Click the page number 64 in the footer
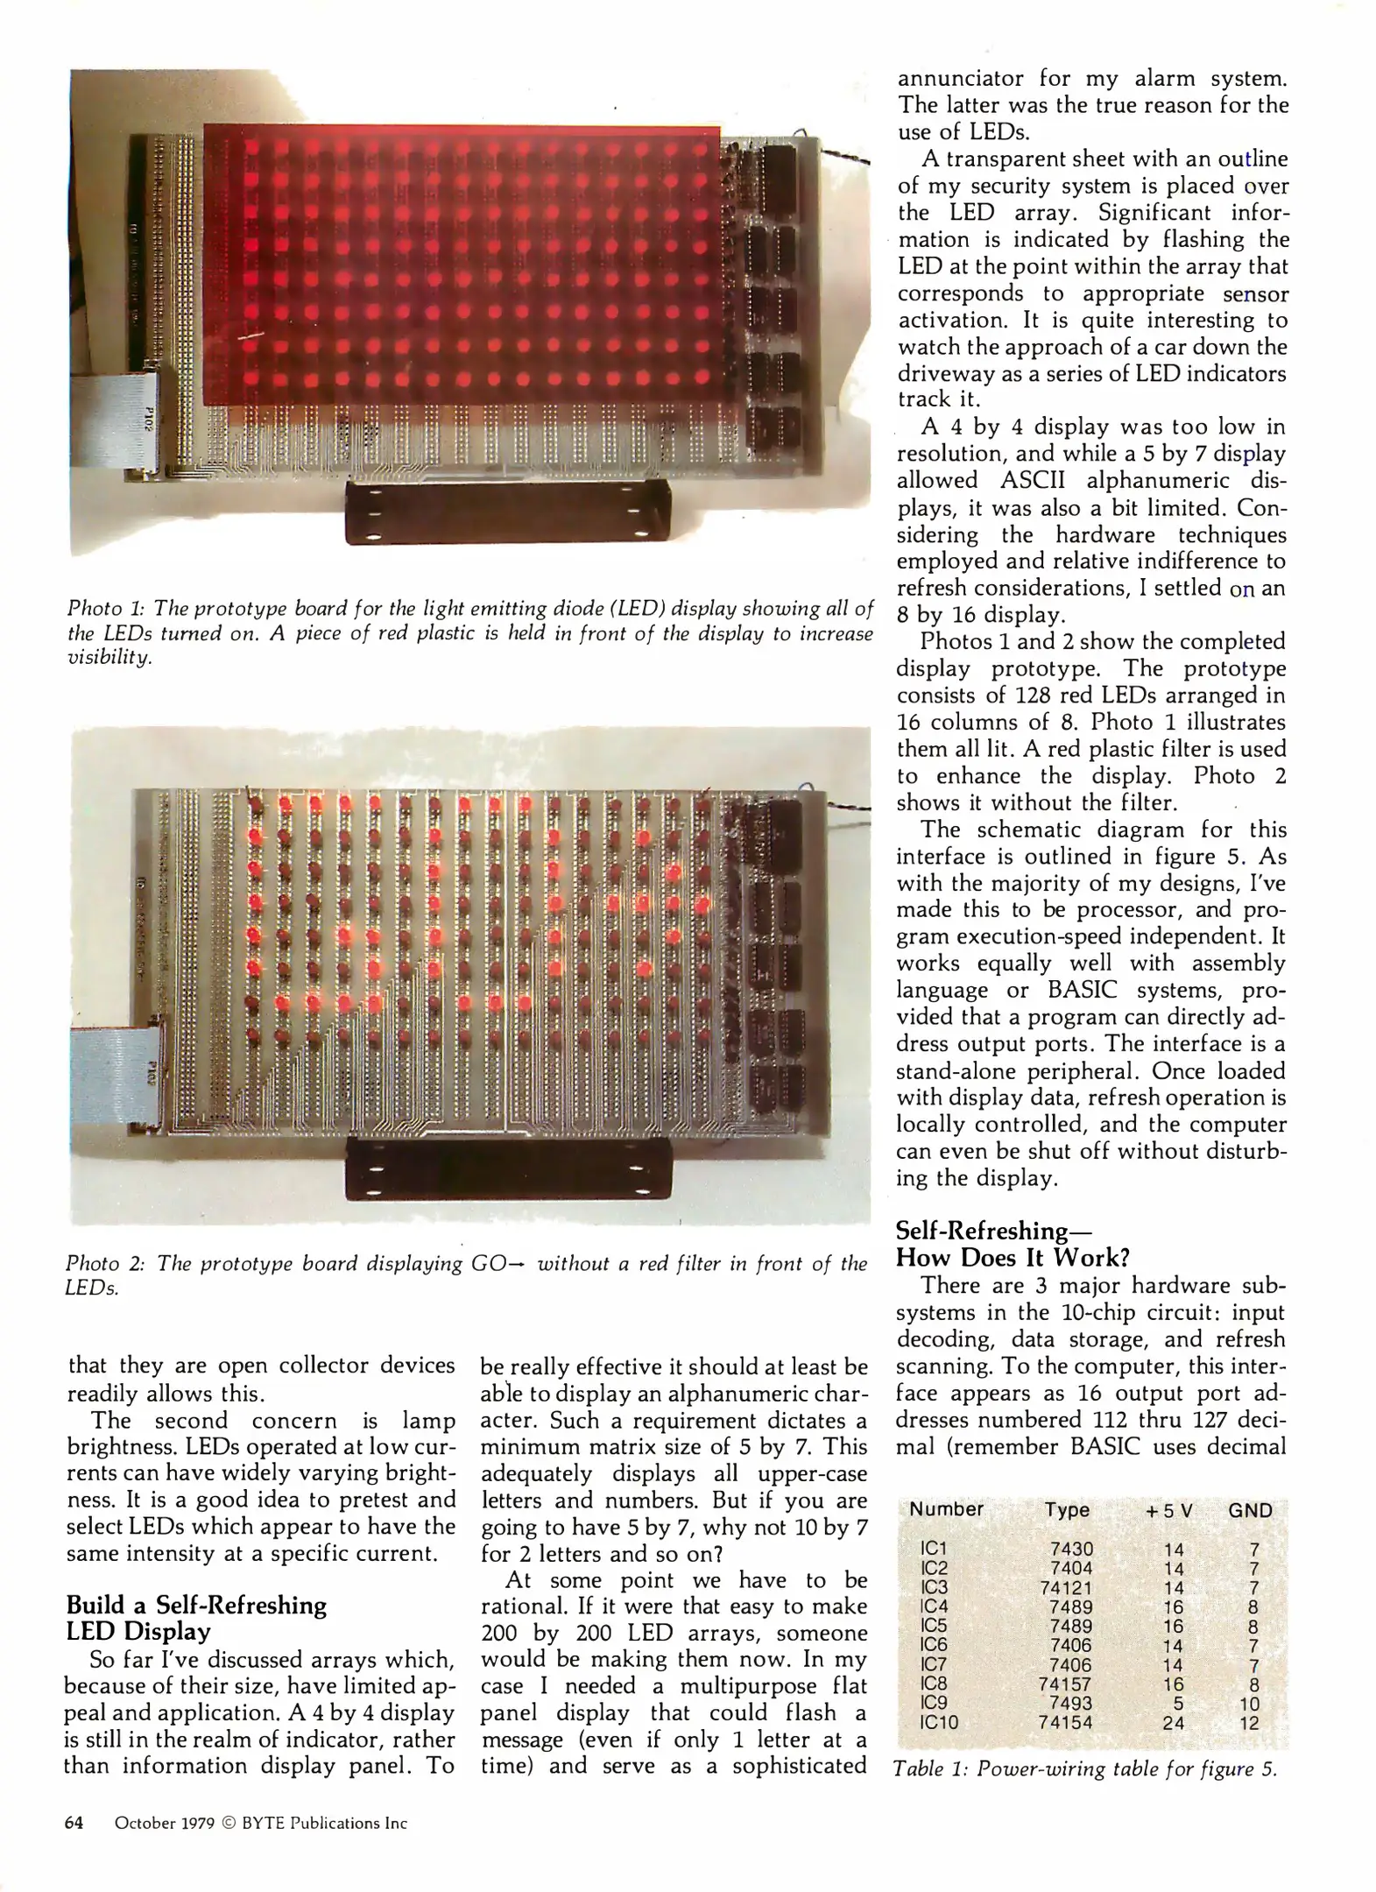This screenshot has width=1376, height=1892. pos(74,1823)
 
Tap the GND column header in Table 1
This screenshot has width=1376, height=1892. pos(1250,1509)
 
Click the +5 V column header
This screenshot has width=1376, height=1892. pos(1169,1510)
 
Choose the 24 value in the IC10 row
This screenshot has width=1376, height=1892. pos(1173,1722)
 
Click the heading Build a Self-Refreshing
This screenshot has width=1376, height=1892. pos(196,1605)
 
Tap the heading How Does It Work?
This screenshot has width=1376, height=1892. pos(1013,1257)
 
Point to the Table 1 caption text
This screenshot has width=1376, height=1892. pos(1084,1768)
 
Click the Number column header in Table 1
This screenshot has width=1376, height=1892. pos(946,1509)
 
